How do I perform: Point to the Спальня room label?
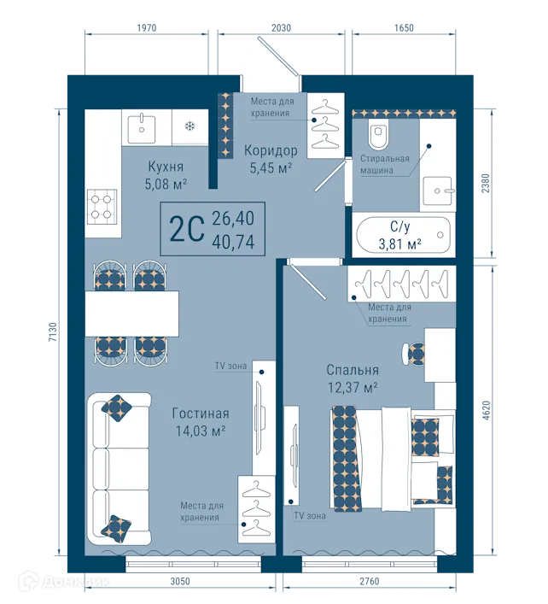pos(352,370)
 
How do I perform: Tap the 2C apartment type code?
pos(186,228)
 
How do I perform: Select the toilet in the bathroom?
pos(378,134)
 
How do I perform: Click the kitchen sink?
pos(141,127)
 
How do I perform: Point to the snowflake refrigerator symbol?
pos(189,127)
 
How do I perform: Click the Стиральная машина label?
pos(384,164)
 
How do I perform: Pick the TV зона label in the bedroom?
pos(311,516)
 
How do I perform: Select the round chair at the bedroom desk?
pos(414,352)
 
